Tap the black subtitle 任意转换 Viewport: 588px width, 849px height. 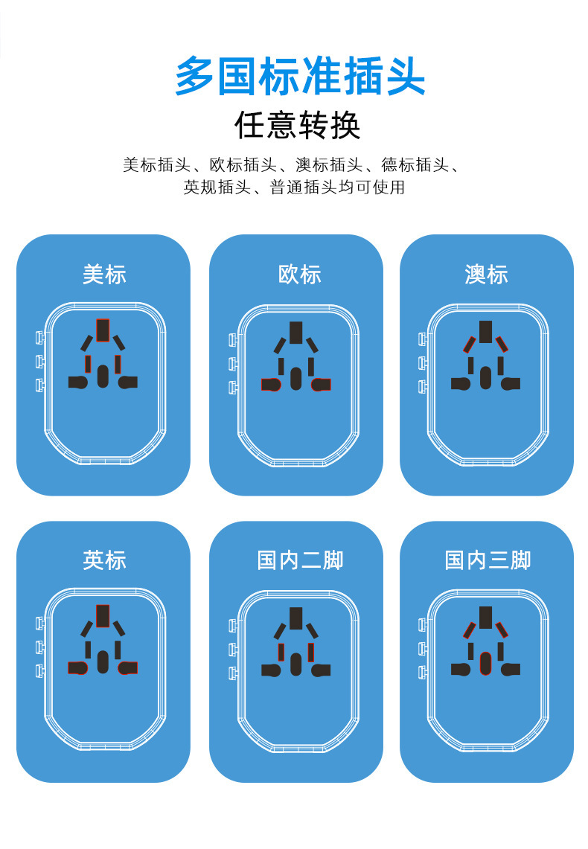(298, 126)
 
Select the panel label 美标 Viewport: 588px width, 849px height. (104, 275)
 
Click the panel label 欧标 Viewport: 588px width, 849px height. (299, 275)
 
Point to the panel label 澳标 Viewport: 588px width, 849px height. (486, 275)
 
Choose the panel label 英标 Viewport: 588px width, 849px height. (104, 560)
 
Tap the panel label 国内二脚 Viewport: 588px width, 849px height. (299, 560)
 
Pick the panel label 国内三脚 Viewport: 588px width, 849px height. (488, 560)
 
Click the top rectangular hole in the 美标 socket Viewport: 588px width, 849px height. (103, 330)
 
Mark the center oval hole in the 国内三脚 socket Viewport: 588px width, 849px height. (485, 661)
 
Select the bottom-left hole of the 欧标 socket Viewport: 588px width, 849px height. (269, 384)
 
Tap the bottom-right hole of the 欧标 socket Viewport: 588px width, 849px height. (322, 384)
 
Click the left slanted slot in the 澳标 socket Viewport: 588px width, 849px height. (469, 345)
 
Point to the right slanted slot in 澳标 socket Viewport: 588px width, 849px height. (502, 343)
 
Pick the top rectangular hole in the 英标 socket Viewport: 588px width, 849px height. (103, 615)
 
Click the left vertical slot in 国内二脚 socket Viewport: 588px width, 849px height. (281, 652)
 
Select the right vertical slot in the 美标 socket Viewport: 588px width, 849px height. (118, 364)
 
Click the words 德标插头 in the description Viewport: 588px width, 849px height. (414, 165)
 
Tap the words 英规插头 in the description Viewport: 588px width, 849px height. (216, 188)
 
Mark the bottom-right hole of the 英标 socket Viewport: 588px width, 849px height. (128, 667)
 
